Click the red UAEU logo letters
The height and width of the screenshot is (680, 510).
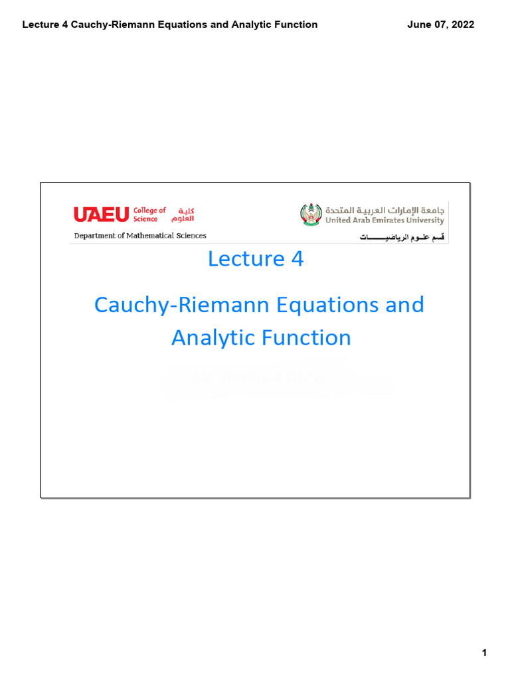point(101,214)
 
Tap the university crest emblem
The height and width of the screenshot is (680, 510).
point(310,214)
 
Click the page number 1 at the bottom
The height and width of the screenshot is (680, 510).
point(485,653)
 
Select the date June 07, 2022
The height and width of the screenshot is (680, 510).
point(440,25)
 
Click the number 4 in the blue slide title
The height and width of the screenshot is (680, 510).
point(296,259)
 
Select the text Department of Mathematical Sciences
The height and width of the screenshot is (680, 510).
point(139,236)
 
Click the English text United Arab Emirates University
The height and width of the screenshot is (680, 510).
point(384,220)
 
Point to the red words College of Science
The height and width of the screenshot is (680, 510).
point(149,214)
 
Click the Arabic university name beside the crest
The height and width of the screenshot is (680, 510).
point(384,209)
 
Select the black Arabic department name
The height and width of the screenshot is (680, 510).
point(401,237)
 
